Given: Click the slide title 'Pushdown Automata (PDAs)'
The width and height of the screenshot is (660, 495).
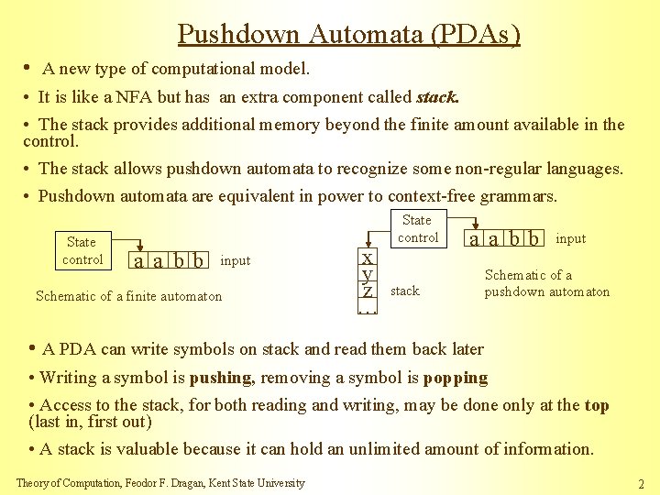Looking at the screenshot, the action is click(348, 34).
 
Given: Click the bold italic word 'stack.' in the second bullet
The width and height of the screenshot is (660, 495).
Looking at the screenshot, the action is click(438, 96).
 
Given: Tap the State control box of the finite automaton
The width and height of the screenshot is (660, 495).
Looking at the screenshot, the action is click(82, 250).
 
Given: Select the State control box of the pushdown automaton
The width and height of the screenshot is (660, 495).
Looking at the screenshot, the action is click(417, 228).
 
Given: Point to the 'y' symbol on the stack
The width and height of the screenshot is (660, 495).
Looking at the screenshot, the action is click(367, 273).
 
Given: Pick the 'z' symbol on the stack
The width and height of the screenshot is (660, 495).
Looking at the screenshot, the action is click(367, 291).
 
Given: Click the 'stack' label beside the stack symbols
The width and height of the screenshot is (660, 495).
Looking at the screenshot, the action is click(404, 291).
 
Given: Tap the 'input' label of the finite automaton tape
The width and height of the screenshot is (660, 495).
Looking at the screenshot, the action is click(236, 260).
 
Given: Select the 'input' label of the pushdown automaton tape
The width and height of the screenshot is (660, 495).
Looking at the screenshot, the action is click(571, 238).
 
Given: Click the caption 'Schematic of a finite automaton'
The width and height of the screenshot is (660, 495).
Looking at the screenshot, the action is click(128, 295).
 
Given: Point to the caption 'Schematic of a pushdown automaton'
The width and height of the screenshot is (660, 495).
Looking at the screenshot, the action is click(546, 283).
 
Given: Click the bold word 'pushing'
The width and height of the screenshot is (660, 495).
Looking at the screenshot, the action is click(220, 378).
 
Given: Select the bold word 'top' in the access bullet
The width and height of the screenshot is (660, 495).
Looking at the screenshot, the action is click(597, 405).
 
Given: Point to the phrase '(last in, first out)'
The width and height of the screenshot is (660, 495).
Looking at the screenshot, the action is click(90, 422).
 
